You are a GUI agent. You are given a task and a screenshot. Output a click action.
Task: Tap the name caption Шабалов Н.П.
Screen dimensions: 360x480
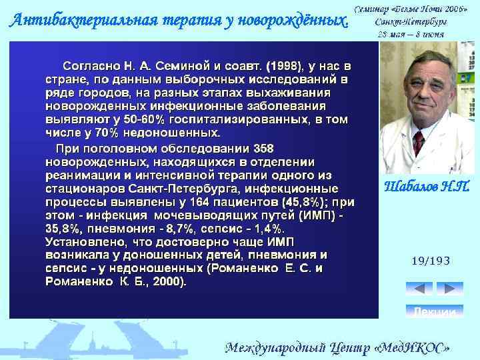(x=427, y=185)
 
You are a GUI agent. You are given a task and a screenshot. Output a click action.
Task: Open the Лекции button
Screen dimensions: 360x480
(x=434, y=311)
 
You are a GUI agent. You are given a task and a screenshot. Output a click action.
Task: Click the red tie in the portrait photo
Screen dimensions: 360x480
(x=418, y=141)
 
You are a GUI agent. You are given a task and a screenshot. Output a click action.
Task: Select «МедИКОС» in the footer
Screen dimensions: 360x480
(x=417, y=348)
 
